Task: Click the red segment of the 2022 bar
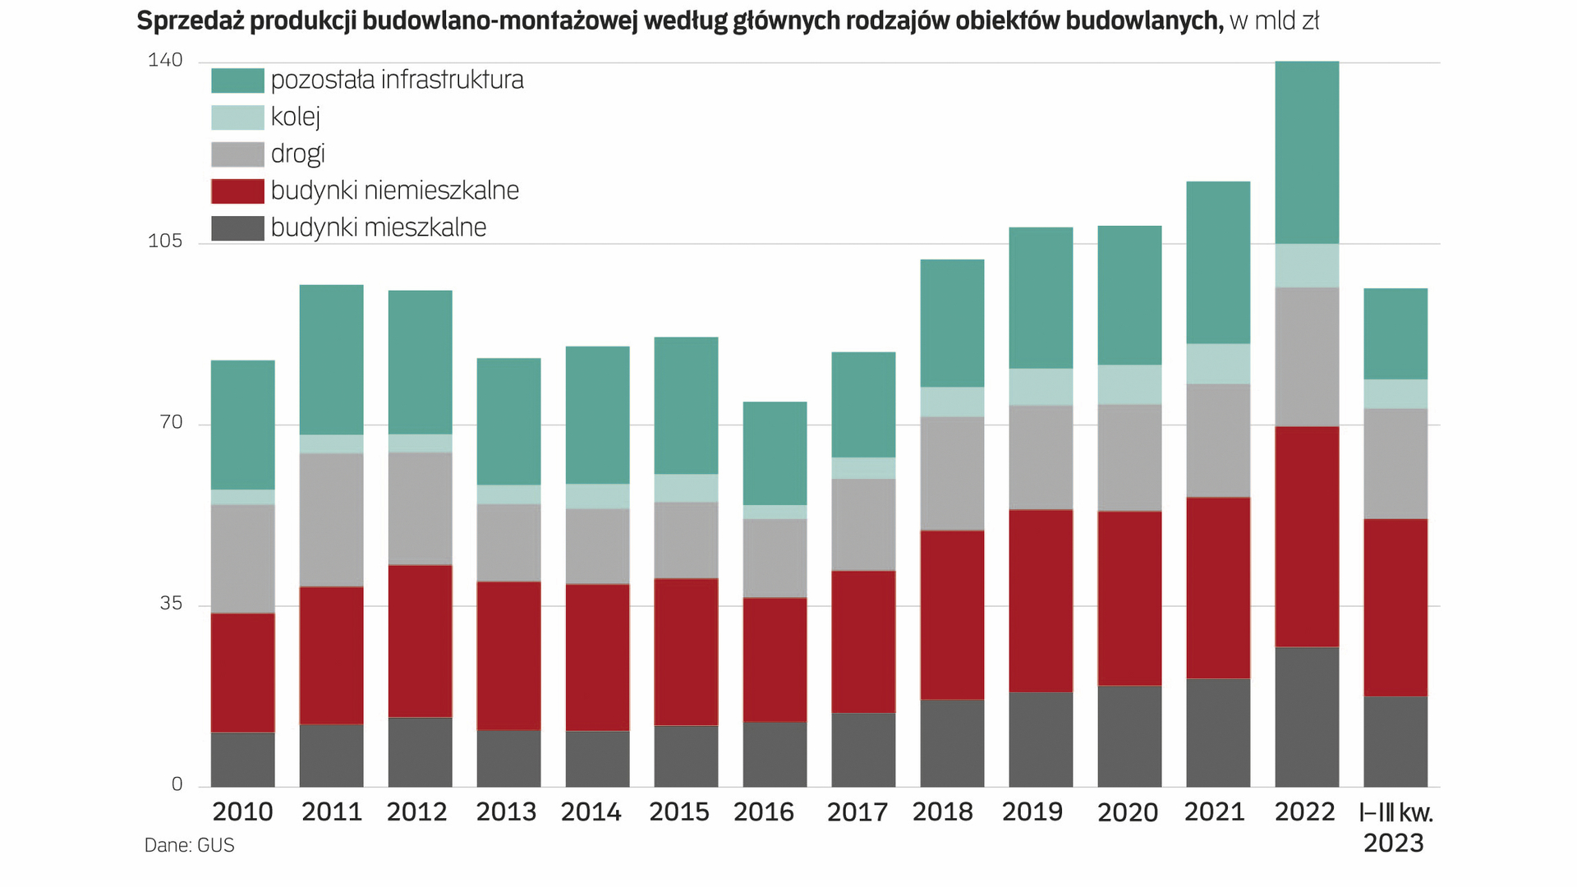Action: pos(1307,536)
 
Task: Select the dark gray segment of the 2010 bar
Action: pos(242,759)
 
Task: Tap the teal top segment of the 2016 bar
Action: pos(775,453)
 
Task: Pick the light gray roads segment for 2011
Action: pos(331,519)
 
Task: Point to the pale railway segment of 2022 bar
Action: pos(1307,265)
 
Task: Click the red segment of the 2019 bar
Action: pos(1041,600)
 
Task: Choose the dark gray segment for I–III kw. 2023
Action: pos(1395,741)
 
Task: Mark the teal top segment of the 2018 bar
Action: pos(952,323)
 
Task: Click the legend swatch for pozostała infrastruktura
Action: pos(237,80)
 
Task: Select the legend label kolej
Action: pos(296,117)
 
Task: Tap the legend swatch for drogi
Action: pos(237,154)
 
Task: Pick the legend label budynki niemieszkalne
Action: pos(395,191)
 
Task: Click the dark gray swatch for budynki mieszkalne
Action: pos(237,228)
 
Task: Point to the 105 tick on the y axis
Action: pos(164,241)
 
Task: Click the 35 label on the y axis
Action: pos(170,604)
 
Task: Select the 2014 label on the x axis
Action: pos(591,812)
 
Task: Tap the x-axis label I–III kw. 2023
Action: pos(1395,827)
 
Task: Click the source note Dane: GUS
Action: pos(190,845)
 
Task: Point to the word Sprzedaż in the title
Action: pos(190,21)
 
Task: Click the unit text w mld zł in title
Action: pos(1274,21)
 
